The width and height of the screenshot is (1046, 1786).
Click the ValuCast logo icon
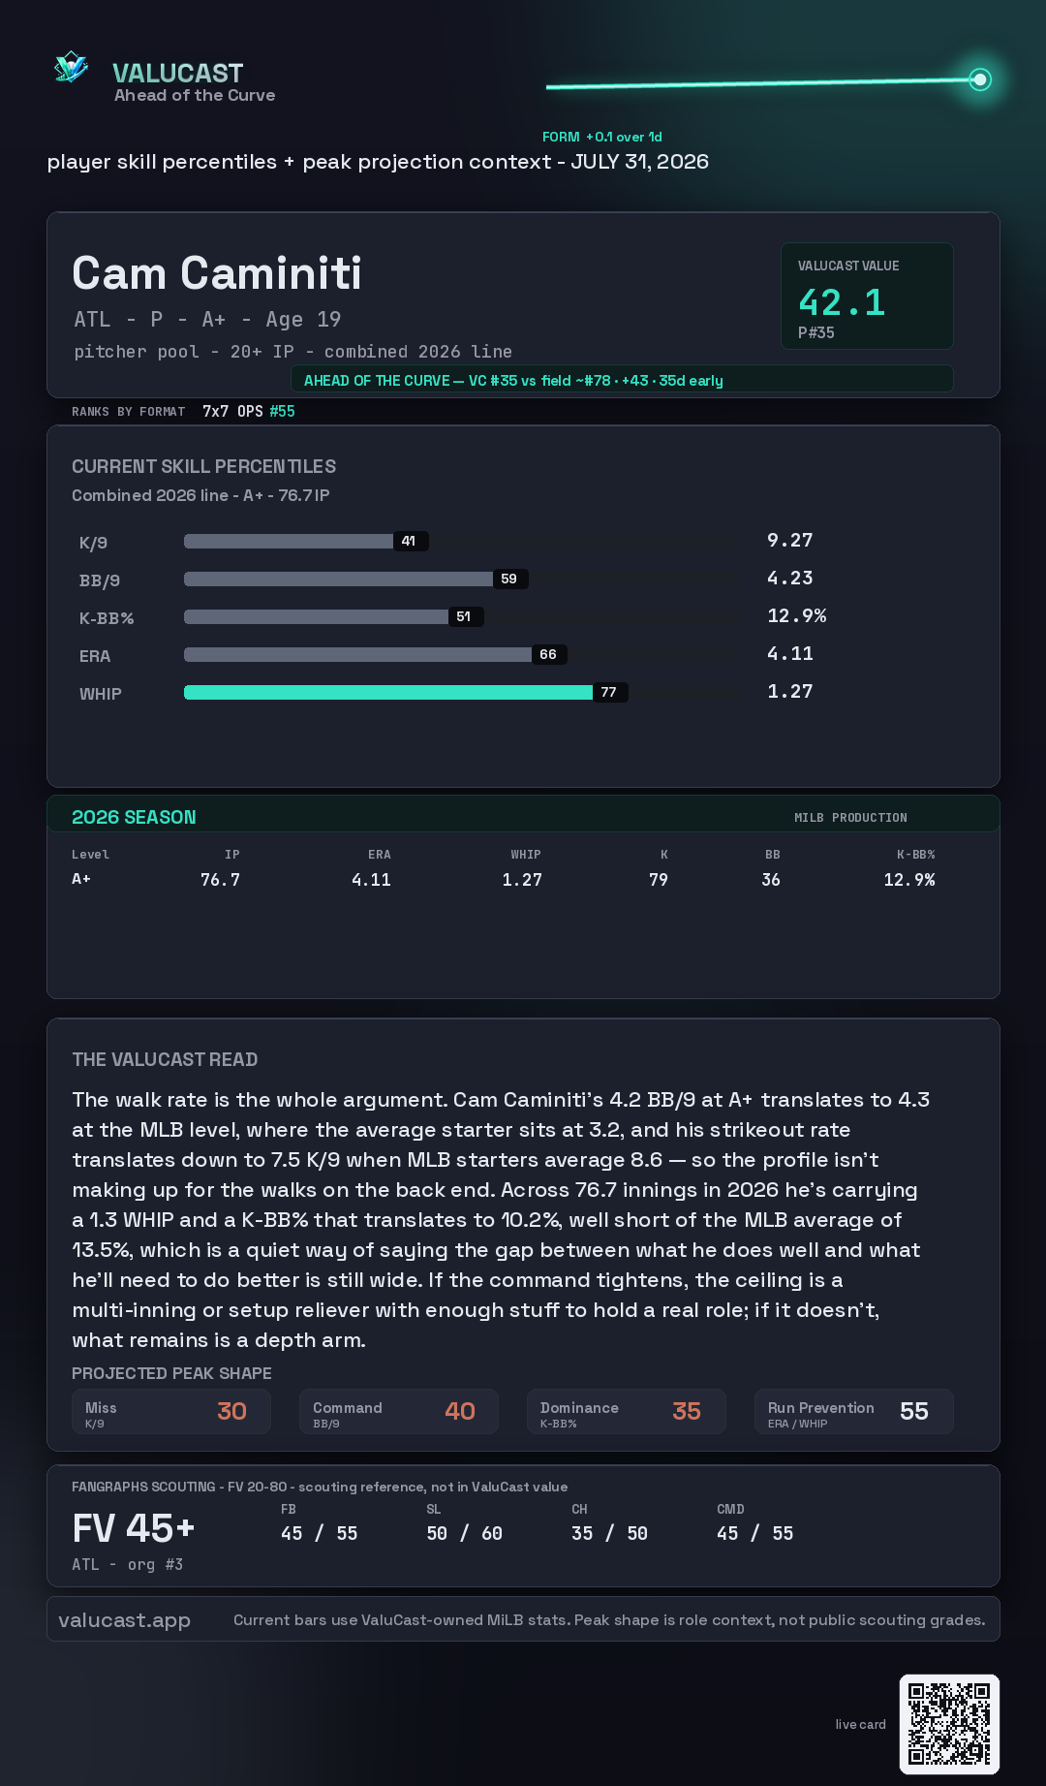pos(71,67)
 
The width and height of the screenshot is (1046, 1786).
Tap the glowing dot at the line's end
pos(980,79)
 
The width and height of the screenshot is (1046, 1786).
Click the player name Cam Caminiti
pos(217,273)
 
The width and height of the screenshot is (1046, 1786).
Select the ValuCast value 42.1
pos(842,302)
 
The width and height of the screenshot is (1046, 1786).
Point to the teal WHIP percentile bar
pos(388,692)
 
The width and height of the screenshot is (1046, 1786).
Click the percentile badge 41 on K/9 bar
pos(410,541)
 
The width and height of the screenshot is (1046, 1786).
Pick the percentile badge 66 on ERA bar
pos(548,654)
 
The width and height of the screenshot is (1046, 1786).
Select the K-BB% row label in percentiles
pos(107,618)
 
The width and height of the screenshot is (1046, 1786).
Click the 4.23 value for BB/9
pos(790,578)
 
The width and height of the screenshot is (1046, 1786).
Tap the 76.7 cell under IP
pos(220,880)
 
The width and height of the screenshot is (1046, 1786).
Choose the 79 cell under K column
pos(659,880)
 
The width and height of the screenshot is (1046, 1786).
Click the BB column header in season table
pos(772,855)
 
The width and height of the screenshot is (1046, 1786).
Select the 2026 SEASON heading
pos(134,817)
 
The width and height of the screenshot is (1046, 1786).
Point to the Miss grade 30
pos(231,1411)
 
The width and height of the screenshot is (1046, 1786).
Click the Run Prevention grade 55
pos(914,1411)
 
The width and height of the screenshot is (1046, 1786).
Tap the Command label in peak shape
pos(347,1407)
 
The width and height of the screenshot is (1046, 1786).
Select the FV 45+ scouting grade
pos(134,1528)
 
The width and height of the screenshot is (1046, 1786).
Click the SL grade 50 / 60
pos(465,1533)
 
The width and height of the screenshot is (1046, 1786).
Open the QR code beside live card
pos(949,1724)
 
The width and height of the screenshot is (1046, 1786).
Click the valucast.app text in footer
pos(124,1620)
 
